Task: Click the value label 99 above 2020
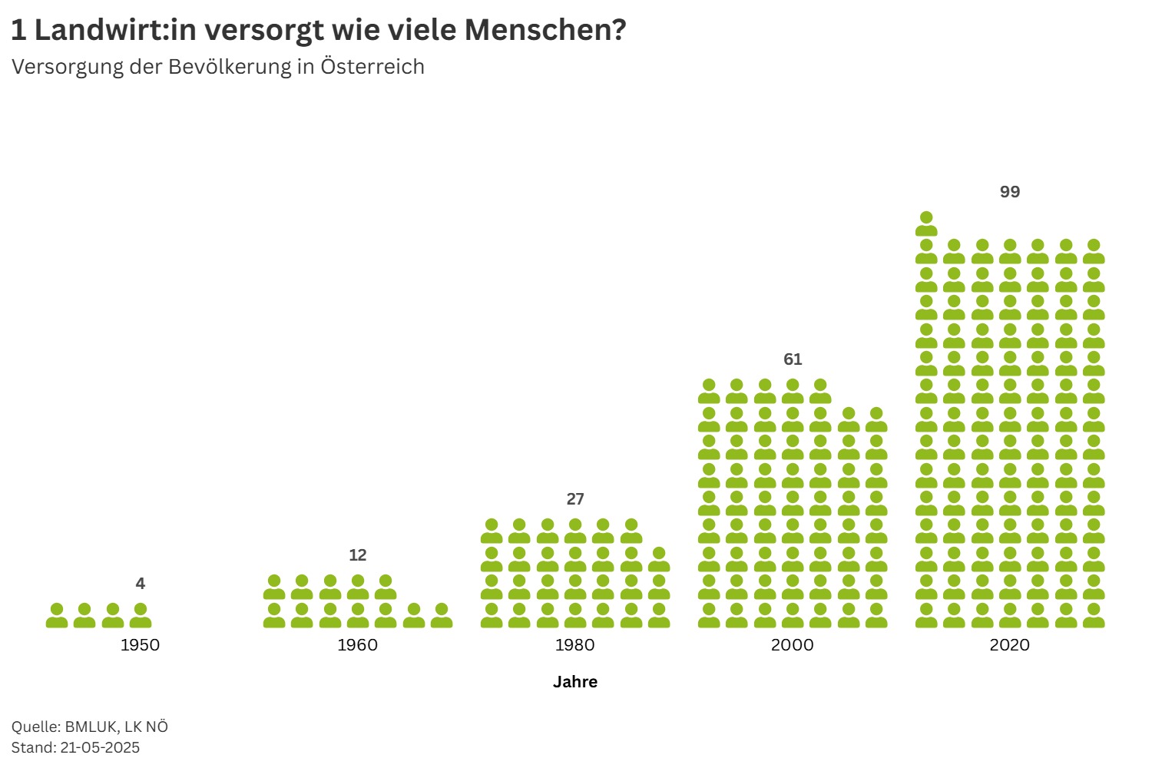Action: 1009,192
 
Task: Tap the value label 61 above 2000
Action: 792,359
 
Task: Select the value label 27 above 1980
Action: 574,499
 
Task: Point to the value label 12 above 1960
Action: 357,555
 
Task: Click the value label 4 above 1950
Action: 140,584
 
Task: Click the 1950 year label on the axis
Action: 140,645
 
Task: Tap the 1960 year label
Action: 357,645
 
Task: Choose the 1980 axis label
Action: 574,645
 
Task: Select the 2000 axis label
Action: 792,645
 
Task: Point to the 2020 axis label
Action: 1009,645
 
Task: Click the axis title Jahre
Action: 574,682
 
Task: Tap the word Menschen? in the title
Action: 545,31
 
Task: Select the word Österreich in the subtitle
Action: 372,67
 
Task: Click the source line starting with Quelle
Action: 90,727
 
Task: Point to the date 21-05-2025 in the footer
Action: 100,747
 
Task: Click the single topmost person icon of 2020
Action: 926,223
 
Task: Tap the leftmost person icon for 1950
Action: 57,615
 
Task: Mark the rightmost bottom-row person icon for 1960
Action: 441,615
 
